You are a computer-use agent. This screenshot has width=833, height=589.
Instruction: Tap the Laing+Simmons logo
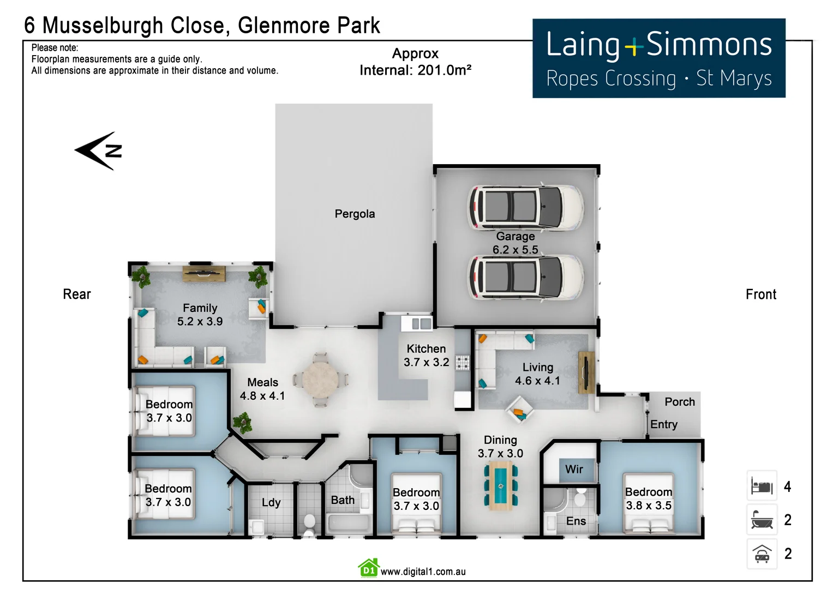(x=658, y=58)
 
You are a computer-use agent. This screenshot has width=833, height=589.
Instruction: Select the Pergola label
(x=355, y=214)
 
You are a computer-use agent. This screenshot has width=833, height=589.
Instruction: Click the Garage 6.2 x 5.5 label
(x=515, y=243)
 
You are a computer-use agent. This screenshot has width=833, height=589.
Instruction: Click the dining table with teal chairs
(x=500, y=485)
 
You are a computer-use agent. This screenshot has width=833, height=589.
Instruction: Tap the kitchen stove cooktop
(x=463, y=363)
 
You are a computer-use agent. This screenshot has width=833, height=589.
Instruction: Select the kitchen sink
(x=417, y=323)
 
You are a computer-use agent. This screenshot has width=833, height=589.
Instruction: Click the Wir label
(x=574, y=469)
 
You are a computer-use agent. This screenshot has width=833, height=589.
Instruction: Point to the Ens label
(x=576, y=521)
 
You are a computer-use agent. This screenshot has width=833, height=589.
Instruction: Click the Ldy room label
(x=271, y=502)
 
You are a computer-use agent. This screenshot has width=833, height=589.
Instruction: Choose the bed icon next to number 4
(x=762, y=486)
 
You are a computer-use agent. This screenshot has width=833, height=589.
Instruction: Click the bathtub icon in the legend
(x=762, y=520)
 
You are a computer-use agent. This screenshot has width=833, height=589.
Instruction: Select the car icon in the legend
(x=762, y=554)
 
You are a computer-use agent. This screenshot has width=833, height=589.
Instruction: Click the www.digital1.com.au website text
(x=423, y=572)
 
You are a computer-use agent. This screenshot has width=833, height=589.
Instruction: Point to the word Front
(x=760, y=294)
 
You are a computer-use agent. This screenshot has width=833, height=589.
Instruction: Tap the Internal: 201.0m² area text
(x=415, y=70)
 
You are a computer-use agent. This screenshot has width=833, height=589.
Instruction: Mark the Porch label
(x=680, y=402)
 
